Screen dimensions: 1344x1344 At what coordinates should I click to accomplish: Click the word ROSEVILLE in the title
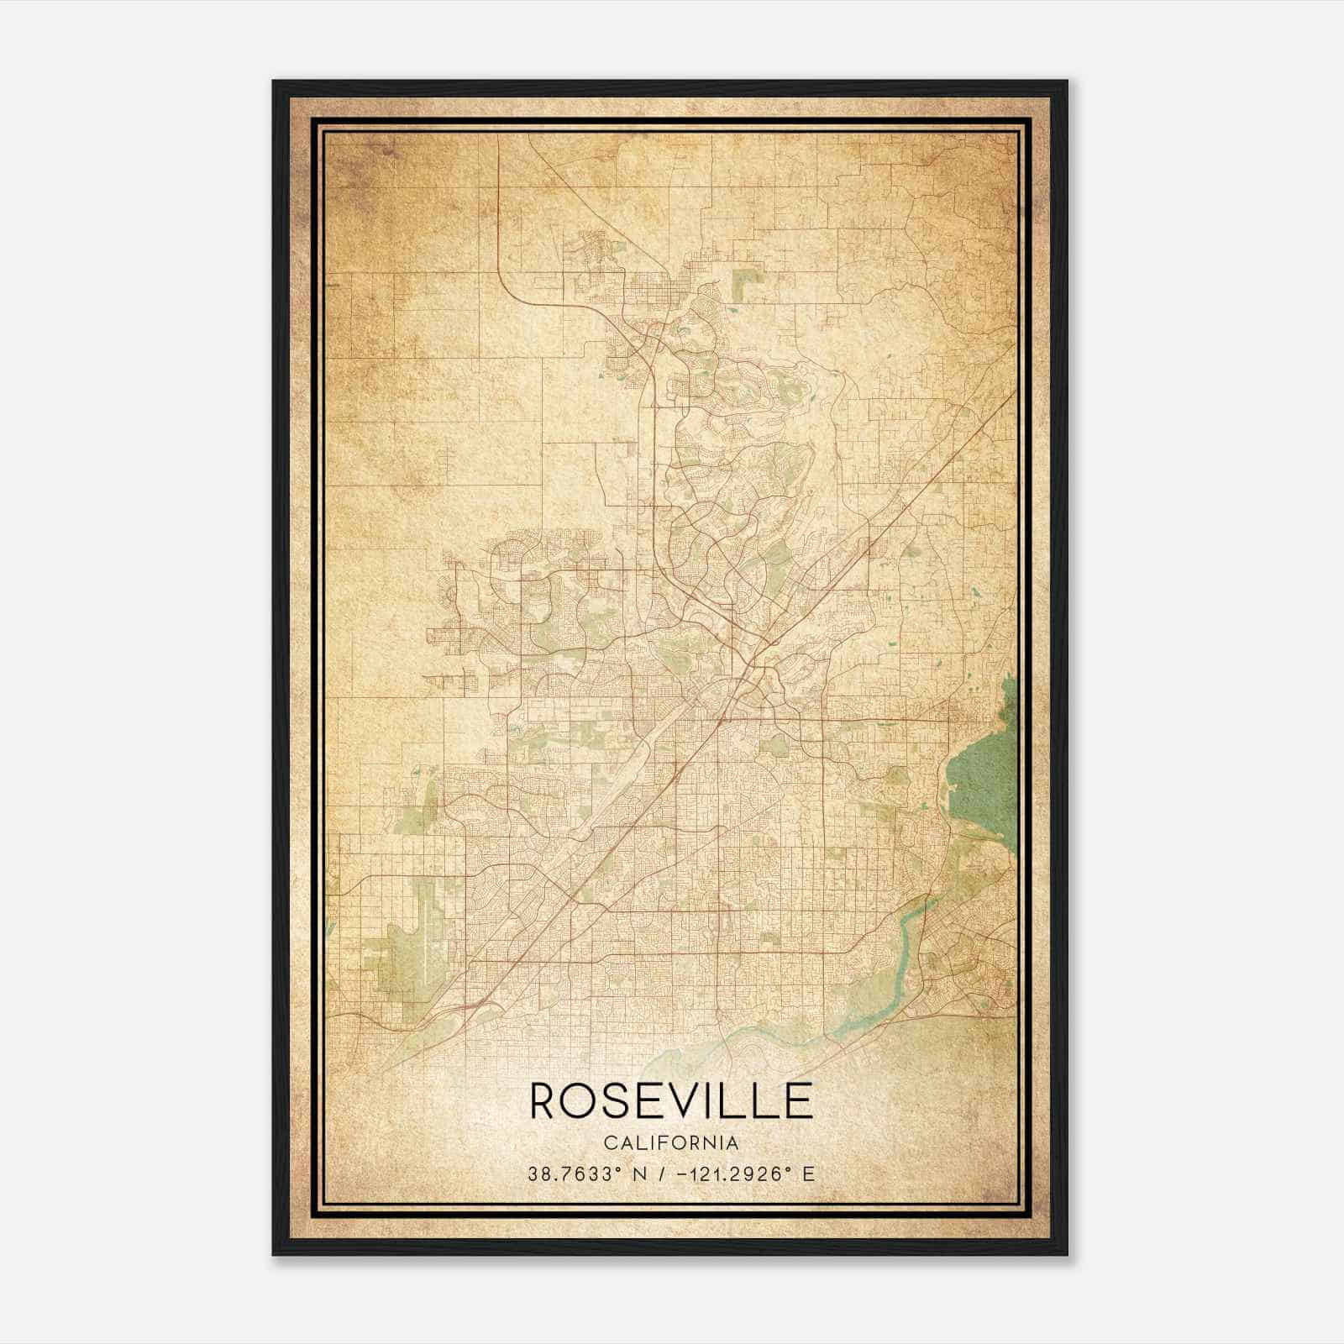point(671,1101)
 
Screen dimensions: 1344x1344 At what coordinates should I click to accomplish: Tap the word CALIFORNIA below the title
point(671,1143)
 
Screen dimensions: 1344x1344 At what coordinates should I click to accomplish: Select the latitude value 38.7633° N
point(585,1174)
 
